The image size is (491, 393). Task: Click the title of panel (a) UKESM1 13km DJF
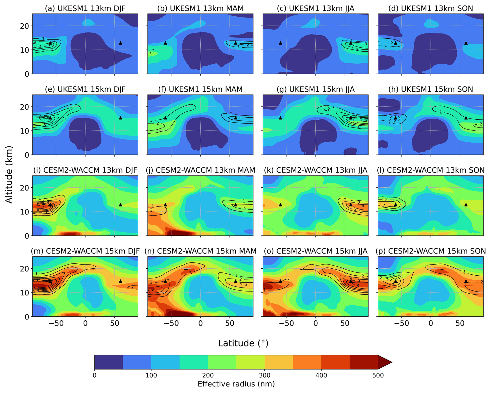pos(85,8)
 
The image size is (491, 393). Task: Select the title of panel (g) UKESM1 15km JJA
pos(315,89)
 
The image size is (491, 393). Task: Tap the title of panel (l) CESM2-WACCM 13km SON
pos(431,170)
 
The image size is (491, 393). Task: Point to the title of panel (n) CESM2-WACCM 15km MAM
pos(200,251)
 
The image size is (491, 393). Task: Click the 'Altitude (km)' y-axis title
pos(9,174)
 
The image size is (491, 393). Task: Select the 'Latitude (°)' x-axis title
pos(243,343)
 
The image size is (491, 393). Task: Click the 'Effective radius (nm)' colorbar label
pos(236,384)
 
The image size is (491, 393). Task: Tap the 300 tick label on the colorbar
pos(264,375)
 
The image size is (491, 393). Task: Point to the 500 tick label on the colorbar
pos(378,375)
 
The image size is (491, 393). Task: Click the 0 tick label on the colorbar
pos(94,375)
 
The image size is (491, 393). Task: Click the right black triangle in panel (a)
pos(120,43)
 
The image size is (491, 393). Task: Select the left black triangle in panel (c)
pos(280,43)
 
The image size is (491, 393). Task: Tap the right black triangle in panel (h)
pos(466,118)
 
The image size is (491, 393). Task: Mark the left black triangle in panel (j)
pos(165,205)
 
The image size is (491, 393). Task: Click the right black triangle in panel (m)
pos(120,281)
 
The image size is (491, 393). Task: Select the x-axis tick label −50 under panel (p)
pos(401,323)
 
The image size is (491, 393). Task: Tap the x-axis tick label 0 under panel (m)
pos(85,323)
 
